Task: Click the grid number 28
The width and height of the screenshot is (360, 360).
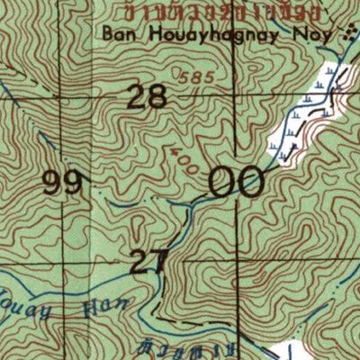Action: click(x=147, y=96)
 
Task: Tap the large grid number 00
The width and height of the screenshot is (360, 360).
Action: click(x=237, y=182)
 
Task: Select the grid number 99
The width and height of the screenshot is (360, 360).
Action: click(x=64, y=184)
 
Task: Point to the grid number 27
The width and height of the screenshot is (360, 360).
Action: click(x=149, y=262)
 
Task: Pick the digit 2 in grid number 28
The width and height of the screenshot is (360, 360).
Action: click(x=137, y=96)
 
